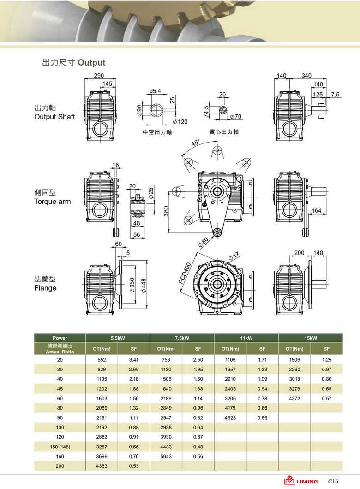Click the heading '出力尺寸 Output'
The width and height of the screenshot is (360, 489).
(74, 62)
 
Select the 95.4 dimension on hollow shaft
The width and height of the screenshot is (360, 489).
(155, 91)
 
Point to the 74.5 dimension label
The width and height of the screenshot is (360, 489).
(206, 111)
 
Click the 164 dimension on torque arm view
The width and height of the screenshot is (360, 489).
(316, 211)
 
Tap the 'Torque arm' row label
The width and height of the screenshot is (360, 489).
(53, 202)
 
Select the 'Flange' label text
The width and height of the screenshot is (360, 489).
(45, 288)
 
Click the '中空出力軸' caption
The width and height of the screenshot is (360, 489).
(157, 132)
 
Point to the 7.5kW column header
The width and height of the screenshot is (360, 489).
(182, 338)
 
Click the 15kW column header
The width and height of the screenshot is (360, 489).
(310, 338)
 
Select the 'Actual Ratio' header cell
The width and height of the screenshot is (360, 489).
(60, 352)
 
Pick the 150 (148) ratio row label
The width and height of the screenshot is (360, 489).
(60, 447)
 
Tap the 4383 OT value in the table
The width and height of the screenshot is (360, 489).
(102, 466)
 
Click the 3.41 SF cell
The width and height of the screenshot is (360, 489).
(134, 359)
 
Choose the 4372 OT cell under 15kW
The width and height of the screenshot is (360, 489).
(294, 398)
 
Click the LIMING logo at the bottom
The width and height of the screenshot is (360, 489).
(301, 481)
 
